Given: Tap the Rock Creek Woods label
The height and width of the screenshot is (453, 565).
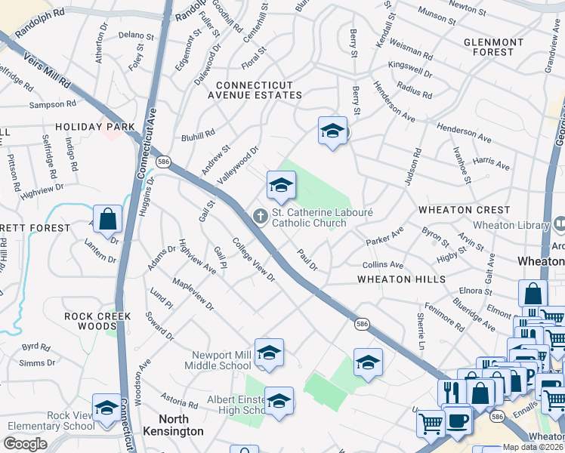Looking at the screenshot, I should (97, 316).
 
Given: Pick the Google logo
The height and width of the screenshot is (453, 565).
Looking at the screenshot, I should (26, 444).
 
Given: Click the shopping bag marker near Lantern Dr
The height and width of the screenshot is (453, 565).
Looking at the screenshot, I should (108, 220).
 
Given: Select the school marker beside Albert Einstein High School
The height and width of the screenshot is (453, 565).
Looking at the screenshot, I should (279, 400).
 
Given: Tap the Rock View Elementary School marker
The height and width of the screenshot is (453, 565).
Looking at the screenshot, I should (107, 408).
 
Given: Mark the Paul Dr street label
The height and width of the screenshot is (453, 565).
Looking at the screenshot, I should (307, 260).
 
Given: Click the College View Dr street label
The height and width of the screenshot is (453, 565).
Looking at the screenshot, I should (253, 261).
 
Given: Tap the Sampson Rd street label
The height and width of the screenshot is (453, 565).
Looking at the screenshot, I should (52, 103).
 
